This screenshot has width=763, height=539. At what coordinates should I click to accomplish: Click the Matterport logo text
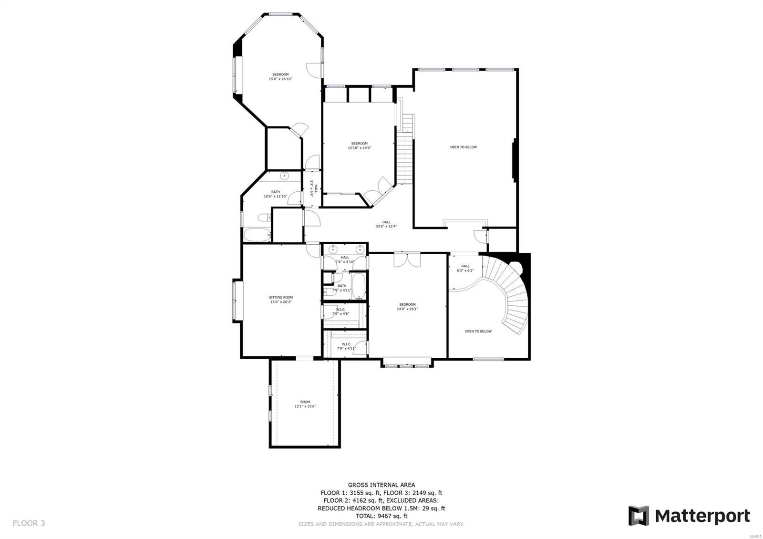click(701, 516)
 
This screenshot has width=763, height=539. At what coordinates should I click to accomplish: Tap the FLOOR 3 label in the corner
click(29, 523)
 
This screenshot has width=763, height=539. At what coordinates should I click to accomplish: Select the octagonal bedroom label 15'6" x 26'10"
click(280, 76)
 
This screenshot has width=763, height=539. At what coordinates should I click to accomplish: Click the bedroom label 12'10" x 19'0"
click(359, 145)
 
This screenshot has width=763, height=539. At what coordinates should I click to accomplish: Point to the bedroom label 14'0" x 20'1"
click(407, 306)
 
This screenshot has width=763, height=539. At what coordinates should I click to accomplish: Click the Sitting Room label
click(281, 299)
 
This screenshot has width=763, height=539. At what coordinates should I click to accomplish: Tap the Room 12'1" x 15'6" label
click(305, 404)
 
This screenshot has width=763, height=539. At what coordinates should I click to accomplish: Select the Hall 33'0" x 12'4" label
click(386, 224)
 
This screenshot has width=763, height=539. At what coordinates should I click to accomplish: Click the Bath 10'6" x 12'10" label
click(276, 194)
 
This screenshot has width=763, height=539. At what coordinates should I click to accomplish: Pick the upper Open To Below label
click(463, 147)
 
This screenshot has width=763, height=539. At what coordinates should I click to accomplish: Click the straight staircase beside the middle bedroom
click(405, 153)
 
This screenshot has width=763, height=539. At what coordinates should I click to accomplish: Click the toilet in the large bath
click(264, 218)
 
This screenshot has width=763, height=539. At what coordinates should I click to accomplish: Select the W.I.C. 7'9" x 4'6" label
click(340, 311)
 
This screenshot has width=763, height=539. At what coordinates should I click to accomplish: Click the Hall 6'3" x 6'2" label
click(465, 268)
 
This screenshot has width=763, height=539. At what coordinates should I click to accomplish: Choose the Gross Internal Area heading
click(381, 485)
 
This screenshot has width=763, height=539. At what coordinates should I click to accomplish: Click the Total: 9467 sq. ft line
click(381, 516)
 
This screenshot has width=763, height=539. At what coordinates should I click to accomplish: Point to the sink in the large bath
click(285, 176)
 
